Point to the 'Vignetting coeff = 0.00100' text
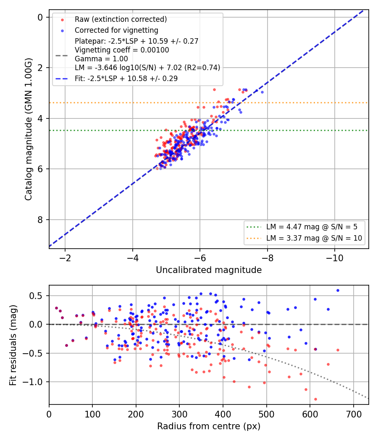point(122,50)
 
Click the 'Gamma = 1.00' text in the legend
point(101,59)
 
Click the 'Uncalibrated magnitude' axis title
point(209,270)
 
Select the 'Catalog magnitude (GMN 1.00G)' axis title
point(28,129)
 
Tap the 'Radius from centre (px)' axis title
point(209,426)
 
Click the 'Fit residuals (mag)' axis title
point(13,345)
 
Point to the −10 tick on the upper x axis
point(335,258)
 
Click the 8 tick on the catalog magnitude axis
point(40,220)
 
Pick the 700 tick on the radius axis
point(354,414)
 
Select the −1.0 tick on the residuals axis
point(33,382)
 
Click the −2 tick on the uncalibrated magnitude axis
point(65,258)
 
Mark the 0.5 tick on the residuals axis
point(35,296)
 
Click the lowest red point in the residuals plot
point(315,399)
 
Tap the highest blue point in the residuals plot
point(338,291)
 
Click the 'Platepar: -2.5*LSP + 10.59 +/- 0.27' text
point(136,41)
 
